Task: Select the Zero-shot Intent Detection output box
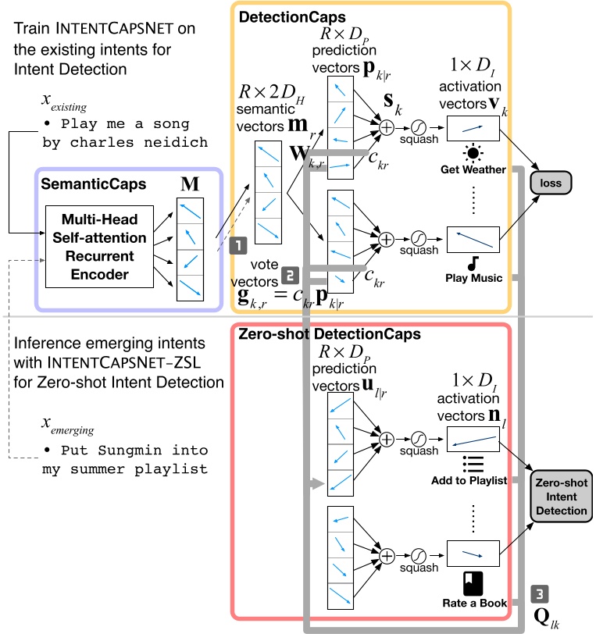coord(560,495)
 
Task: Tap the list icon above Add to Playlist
coord(471,462)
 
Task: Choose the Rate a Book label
coord(474,603)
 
